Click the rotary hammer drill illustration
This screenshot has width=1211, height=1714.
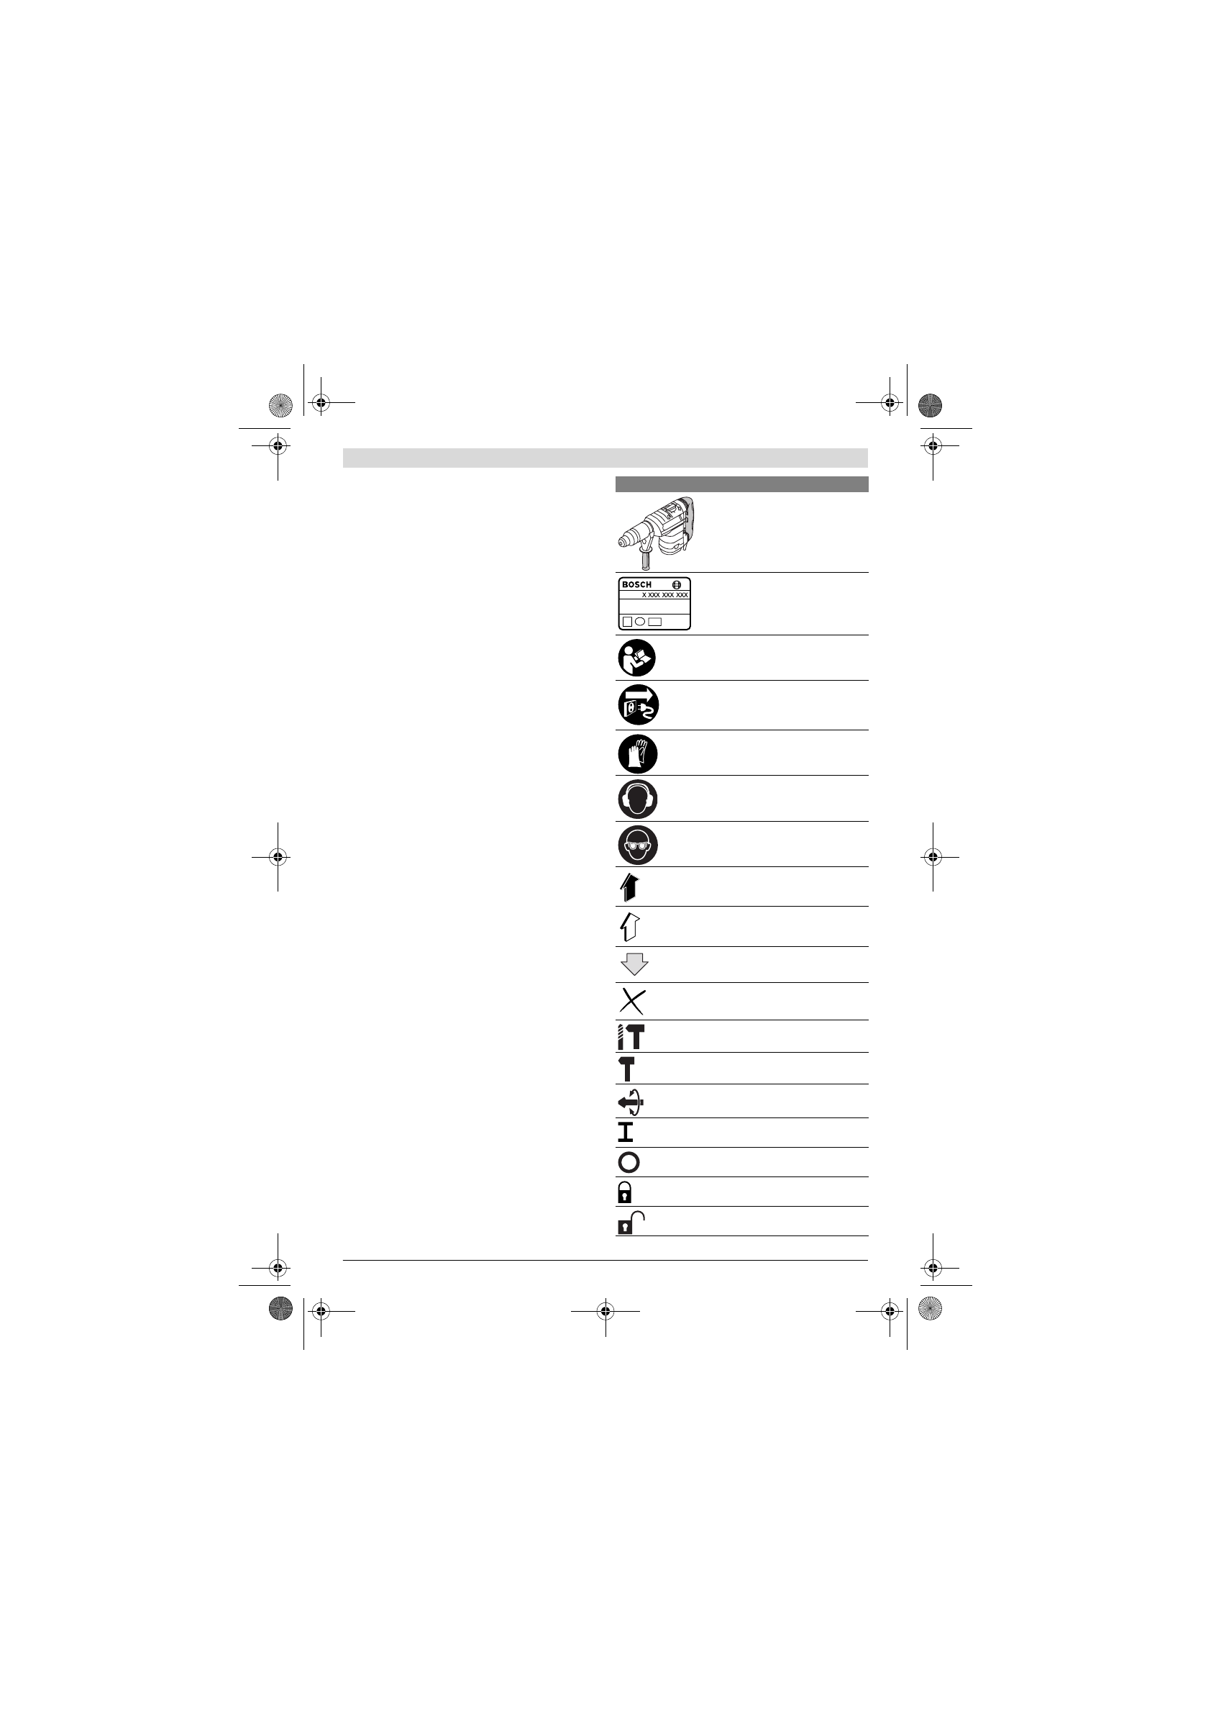(x=656, y=533)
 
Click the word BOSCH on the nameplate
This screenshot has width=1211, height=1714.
(x=636, y=584)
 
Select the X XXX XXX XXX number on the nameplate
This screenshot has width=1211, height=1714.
(x=664, y=595)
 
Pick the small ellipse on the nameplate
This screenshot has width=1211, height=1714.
(x=640, y=621)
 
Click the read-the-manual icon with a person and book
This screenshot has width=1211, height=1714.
(x=637, y=658)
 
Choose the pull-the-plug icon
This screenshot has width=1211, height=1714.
(x=638, y=704)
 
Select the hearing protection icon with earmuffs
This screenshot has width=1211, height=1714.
(x=638, y=799)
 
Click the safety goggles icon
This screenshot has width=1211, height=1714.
(x=638, y=845)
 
